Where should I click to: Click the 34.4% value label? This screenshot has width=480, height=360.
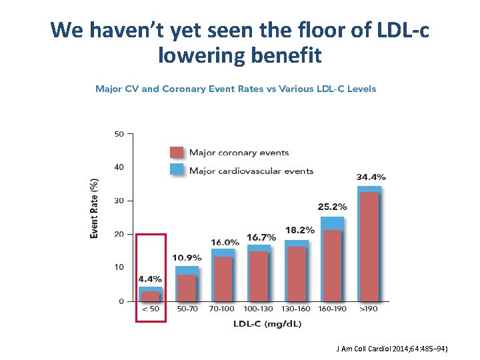(371, 177)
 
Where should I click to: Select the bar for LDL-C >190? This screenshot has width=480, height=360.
(369, 245)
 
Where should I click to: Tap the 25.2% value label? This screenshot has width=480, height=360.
(333, 207)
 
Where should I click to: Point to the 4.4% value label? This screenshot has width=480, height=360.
(150, 279)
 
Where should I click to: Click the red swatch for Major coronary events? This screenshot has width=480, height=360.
(177, 152)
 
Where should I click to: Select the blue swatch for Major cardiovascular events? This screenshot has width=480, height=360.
(177, 170)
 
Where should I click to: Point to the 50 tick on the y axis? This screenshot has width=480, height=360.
(119, 134)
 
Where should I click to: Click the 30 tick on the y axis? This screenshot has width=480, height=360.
(119, 201)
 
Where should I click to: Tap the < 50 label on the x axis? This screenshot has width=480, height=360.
(150, 309)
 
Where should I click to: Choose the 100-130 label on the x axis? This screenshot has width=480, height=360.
(259, 309)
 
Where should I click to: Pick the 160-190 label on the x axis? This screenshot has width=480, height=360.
(332, 309)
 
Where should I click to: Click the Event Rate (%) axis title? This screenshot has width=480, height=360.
(95, 208)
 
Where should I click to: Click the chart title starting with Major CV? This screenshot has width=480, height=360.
(235, 89)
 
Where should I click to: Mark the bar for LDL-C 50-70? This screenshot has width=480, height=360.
(187, 285)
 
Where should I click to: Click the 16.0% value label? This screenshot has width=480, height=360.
(225, 242)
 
